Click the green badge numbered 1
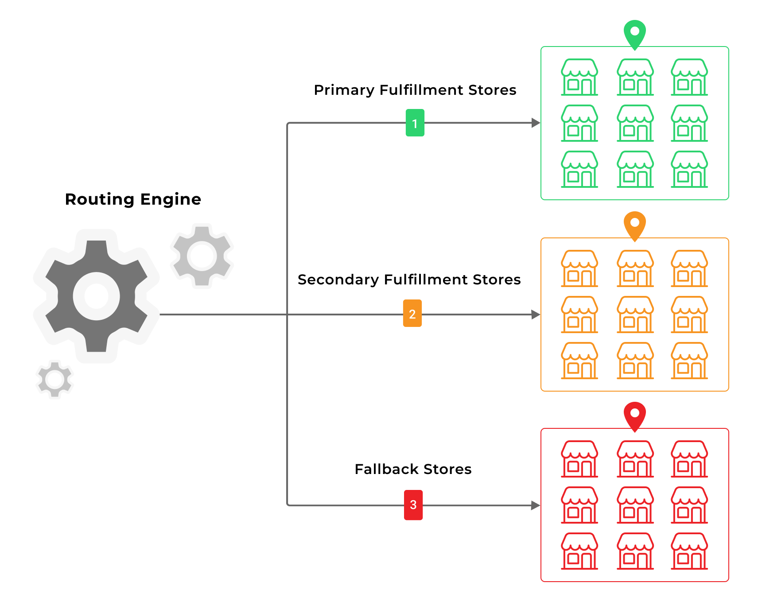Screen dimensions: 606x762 [415, 123]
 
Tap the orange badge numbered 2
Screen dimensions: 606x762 [412, 313]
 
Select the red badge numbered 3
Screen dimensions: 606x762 [413, 505]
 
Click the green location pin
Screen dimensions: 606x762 [634, 33]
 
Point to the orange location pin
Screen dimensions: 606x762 [634, 224]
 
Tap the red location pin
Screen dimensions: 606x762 [634, 415]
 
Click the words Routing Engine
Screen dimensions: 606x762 [133, 199]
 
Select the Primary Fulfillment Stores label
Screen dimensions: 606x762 [415, 90]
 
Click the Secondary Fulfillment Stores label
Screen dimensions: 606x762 [409, 280]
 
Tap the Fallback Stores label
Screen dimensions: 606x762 [413, 469]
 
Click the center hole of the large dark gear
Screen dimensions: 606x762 [97, 296]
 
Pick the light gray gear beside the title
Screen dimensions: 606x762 [202, 256]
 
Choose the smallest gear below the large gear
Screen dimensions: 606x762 [55, 379]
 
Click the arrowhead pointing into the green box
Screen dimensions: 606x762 [536, 123]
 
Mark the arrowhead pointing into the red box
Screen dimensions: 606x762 [536, 505]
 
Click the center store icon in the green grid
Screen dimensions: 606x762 [635, 123]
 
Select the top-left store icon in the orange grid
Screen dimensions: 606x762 [579, 268]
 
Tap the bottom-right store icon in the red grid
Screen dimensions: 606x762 [689, 551]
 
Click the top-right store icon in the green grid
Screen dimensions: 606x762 [689, 77]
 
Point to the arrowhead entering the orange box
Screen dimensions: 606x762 [536, 315]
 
